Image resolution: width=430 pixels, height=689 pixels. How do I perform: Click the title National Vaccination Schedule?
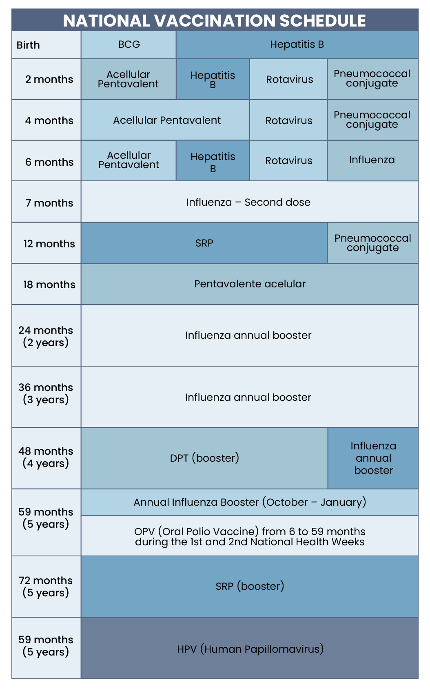click(215, 20)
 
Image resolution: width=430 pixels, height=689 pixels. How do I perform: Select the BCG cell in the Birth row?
click(129, 44)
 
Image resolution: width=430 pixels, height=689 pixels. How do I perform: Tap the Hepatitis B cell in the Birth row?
click(297, 44)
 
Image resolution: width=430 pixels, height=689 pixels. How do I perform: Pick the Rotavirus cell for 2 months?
click(289, 79)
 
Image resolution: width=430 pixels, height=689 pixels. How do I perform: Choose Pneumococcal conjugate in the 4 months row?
click(372, 120)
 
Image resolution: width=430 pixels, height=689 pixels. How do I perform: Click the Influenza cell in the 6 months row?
click(372, 160)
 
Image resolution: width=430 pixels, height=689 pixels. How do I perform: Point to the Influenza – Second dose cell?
click(249, 202)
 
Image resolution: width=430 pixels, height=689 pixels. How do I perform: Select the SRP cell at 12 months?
click(204, 243)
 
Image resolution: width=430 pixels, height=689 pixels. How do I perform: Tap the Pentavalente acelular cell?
click(250, 284)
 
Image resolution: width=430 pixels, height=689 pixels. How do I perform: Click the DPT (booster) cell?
click(204, 458)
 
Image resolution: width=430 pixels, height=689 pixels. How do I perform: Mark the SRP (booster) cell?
click(250, 587)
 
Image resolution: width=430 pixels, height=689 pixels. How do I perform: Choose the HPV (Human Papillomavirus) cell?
click(250, 649)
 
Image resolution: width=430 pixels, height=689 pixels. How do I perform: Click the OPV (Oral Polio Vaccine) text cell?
click(250, 536)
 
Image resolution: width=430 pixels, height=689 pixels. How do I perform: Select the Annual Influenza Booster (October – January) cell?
click(250, 502)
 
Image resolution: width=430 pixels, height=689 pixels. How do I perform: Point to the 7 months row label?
click(49, 203)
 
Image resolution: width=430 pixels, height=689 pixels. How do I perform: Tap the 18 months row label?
click(49, 284)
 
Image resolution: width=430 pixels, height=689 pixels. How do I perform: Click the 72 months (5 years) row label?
click(46, 587)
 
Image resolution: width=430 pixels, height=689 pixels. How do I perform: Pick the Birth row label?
click(29, 45)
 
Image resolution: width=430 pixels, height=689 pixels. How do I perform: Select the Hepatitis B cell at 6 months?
click(213, 162)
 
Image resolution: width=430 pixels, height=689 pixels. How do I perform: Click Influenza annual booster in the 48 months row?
click(373, 458)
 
